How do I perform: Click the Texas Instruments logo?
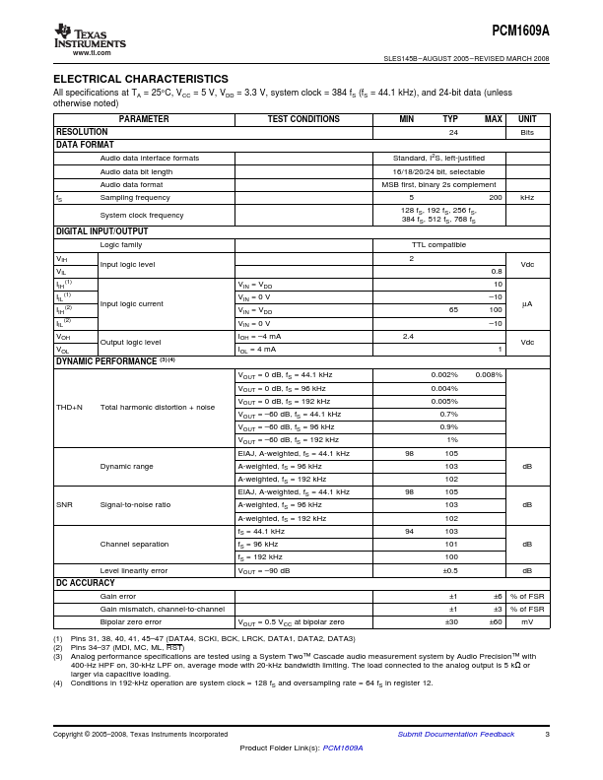(x=90, y=38)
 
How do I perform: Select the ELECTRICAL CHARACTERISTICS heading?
(x=140, y=79)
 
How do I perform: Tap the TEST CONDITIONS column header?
(x=303, y=119)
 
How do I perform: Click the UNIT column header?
(x=527, y=119)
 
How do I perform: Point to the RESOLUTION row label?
(x=82, y=132)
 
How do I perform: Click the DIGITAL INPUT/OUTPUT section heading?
(x=101, y=231)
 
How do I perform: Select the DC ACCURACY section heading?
(x=86, y=584)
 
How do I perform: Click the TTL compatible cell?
(x=438, y=244)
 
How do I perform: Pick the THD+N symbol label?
(x=70, y=407)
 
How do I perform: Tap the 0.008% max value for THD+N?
(x=489, y=375)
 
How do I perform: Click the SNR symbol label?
(x=64, y=504)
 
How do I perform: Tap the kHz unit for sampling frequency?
(x=527, y=197)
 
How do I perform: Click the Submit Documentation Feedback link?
(x=455, y=734)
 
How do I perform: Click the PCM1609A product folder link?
(x=343, y=748)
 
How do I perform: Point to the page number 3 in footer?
(x=547, y=734)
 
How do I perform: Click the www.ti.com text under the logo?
(x=90, y=53)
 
